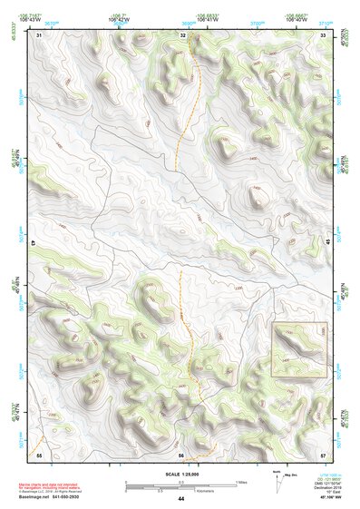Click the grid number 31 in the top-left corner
tap(40, 34)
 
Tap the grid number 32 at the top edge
tap(182, 34)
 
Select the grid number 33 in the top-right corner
tap(323, 34)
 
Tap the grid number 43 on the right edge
tap(326, 243)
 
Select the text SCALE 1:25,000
tap(180, 474)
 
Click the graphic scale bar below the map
tap(180, 485)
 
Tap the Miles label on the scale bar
tap(241, 481)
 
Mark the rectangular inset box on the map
tap(297, 348)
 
